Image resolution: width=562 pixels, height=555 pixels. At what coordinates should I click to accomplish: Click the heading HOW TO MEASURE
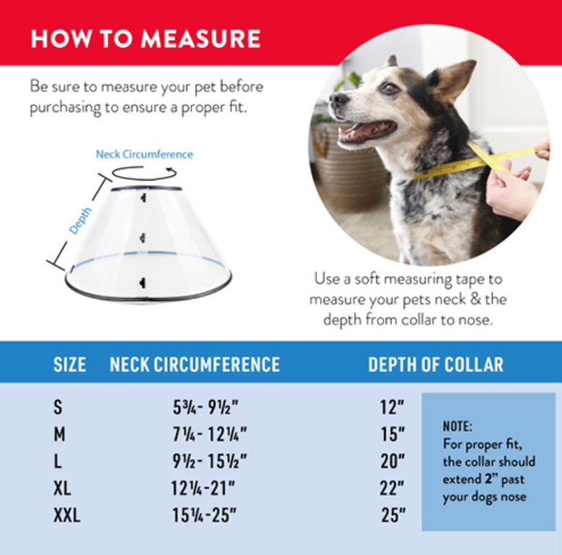pyautogui.click(x=145, y=38)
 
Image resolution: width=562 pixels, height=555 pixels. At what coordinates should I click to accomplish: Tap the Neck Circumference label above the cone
pyautogui.click(x=144, y=154)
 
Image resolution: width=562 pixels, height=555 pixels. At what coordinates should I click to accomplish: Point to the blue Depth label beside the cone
pyautogui.click(x=80, y=220)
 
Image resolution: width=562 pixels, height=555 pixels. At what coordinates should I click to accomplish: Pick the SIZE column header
pyautogui.click(x=69, y=364)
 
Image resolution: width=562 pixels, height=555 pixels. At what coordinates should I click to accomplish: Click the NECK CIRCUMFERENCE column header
pyautogui.click(x=194, y=364)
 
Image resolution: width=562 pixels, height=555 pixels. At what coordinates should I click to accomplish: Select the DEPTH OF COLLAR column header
pyautogui.click(x=436, y=364)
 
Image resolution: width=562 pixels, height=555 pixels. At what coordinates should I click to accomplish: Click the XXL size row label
pyautogui.click(x=66, y=516)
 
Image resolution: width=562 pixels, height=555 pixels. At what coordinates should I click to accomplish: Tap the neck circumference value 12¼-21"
pyautogui.click(x=204, y=489)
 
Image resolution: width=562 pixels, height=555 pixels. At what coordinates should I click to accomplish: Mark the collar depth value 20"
pyautogui.click(x=393, y=462)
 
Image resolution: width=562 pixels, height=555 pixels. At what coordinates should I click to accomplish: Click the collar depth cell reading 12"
pyautogui.click(x=392, y=408)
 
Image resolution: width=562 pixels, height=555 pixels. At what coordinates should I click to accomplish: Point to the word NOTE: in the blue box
pyautogui.click(x=457, y=426)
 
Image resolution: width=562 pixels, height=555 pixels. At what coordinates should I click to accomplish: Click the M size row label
pyautogui.click(x=59, y=434)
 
